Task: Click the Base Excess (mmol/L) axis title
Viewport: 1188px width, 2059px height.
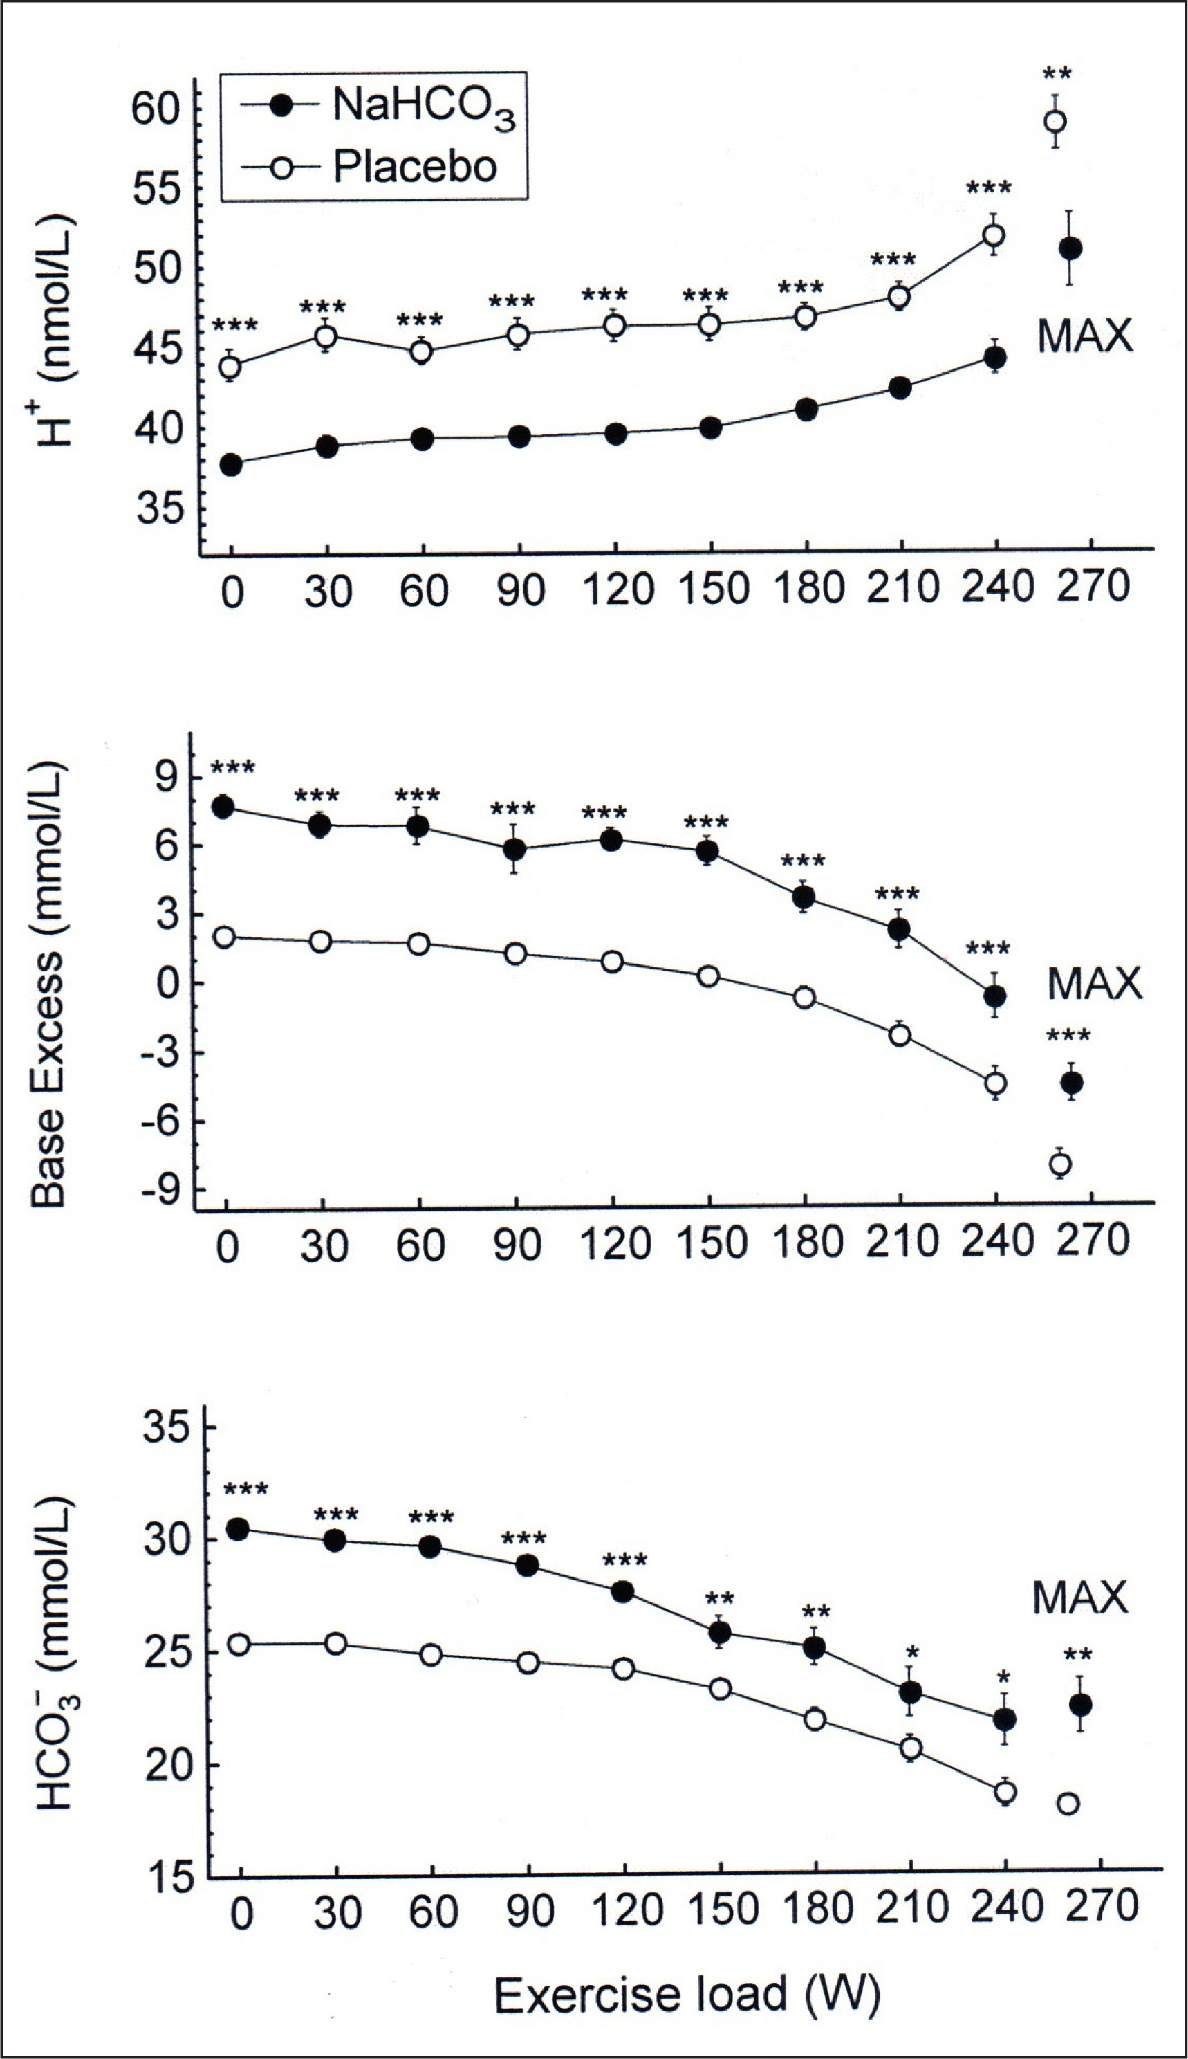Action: point(48,985)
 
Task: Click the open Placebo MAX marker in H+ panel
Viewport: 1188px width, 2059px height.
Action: point(1055,122)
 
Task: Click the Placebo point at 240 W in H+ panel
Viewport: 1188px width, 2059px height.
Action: point(994,235)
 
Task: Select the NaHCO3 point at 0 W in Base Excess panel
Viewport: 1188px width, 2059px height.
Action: point(223,807)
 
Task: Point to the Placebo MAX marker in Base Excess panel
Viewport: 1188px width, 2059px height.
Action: point(1060,1164)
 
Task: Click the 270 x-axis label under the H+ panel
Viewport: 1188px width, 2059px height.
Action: point(1093,587)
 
